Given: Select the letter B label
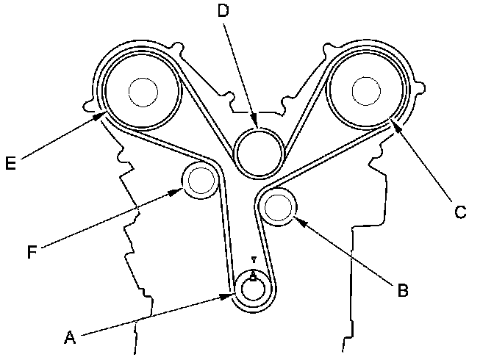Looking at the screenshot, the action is tap(402, 289).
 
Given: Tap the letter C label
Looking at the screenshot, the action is tap(459, 212).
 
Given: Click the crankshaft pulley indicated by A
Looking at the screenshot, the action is tap(253, 289).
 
